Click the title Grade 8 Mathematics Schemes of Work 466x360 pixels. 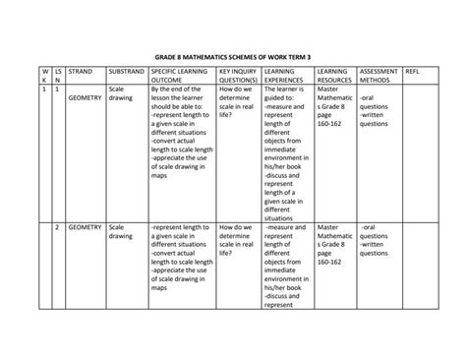[x=233, y=57]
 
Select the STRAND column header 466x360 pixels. [x=81, y=73]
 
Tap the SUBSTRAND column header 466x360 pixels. [x=126, y=73]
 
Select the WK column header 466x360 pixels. [x=43, y=77]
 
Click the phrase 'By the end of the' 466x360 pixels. [x=182, y=89]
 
